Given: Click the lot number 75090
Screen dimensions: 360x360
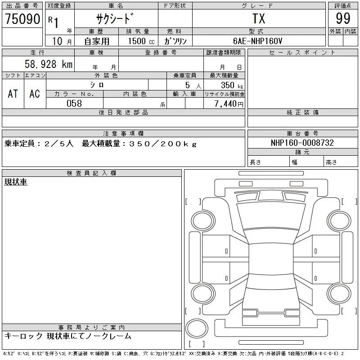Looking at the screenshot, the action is (22, 18).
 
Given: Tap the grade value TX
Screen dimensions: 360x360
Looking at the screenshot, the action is (259, 18).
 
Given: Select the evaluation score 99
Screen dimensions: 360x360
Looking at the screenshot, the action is (343, 18).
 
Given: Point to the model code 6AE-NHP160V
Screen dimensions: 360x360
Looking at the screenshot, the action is (257, 41).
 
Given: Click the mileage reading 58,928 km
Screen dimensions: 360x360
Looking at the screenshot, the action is (49, 64).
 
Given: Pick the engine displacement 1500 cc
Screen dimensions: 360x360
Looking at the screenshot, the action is (141, 41).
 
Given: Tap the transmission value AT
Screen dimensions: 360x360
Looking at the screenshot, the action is (13, 94).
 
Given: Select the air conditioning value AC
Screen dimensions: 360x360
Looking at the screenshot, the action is (35, 94).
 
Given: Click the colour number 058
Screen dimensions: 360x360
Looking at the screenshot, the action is (74, 103).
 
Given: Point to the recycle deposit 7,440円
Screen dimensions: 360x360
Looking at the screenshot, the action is (229, 103).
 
